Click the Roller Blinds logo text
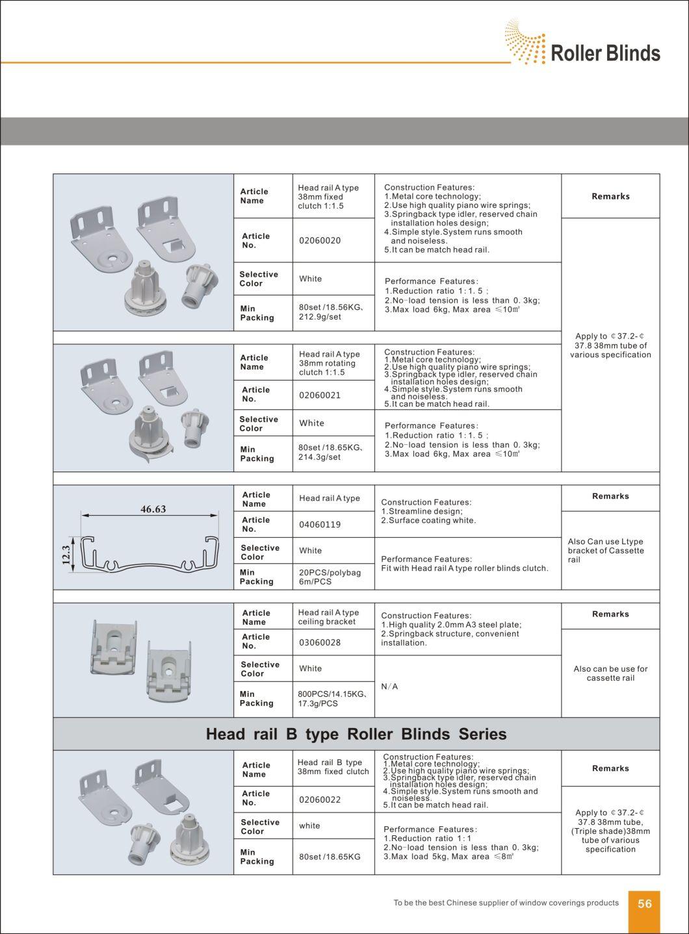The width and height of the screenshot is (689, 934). (604, 53)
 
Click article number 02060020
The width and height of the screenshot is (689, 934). (320, 240)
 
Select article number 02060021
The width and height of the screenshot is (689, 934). (320, 395)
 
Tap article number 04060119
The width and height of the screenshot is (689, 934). (320, 524)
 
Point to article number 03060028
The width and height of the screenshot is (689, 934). (320, 642)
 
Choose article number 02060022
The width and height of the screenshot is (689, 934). (320, 800)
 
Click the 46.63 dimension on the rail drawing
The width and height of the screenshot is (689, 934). (153, 509)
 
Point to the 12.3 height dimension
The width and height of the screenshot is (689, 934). (66, 555)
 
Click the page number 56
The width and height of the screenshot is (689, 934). (644, 903)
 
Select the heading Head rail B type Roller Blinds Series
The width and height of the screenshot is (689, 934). (356, 734)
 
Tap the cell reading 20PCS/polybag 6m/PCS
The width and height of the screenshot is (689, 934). (330, 577)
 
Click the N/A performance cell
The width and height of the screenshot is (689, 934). (389, 687)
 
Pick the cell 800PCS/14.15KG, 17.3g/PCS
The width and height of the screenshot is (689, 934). (332, 699)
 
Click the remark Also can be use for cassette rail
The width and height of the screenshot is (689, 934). (610, 674)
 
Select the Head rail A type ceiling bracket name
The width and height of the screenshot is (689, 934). (328, 617)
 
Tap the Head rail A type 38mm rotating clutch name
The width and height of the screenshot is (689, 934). (329, 363)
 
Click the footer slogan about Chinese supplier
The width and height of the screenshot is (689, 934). (506, 903)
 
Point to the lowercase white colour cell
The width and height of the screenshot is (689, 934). (309, 826)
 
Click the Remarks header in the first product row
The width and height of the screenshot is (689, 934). (610, 196)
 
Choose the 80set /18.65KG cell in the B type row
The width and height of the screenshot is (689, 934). (330, 857)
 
